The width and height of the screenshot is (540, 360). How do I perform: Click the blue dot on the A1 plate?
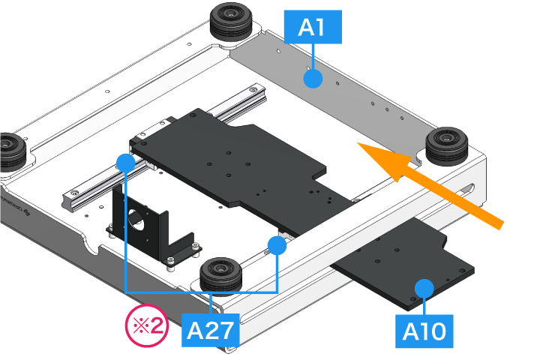(x=313, y=78)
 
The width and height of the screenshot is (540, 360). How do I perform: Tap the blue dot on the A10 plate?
(x=425, y=287)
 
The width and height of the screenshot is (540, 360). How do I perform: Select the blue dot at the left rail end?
(x=126, y=161)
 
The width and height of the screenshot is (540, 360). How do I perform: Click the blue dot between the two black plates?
(x=277, y=244)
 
